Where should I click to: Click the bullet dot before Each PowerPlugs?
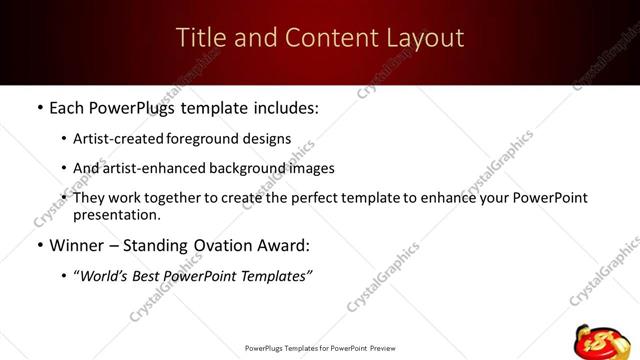pyautogui.click(x=38, y=106)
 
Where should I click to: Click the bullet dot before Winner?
pyautogui.click(x=38, y=246)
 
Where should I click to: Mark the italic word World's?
pyautogui.click(x=105, y=276)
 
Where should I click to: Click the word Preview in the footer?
pyautogui.click(x=384, y=348)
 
